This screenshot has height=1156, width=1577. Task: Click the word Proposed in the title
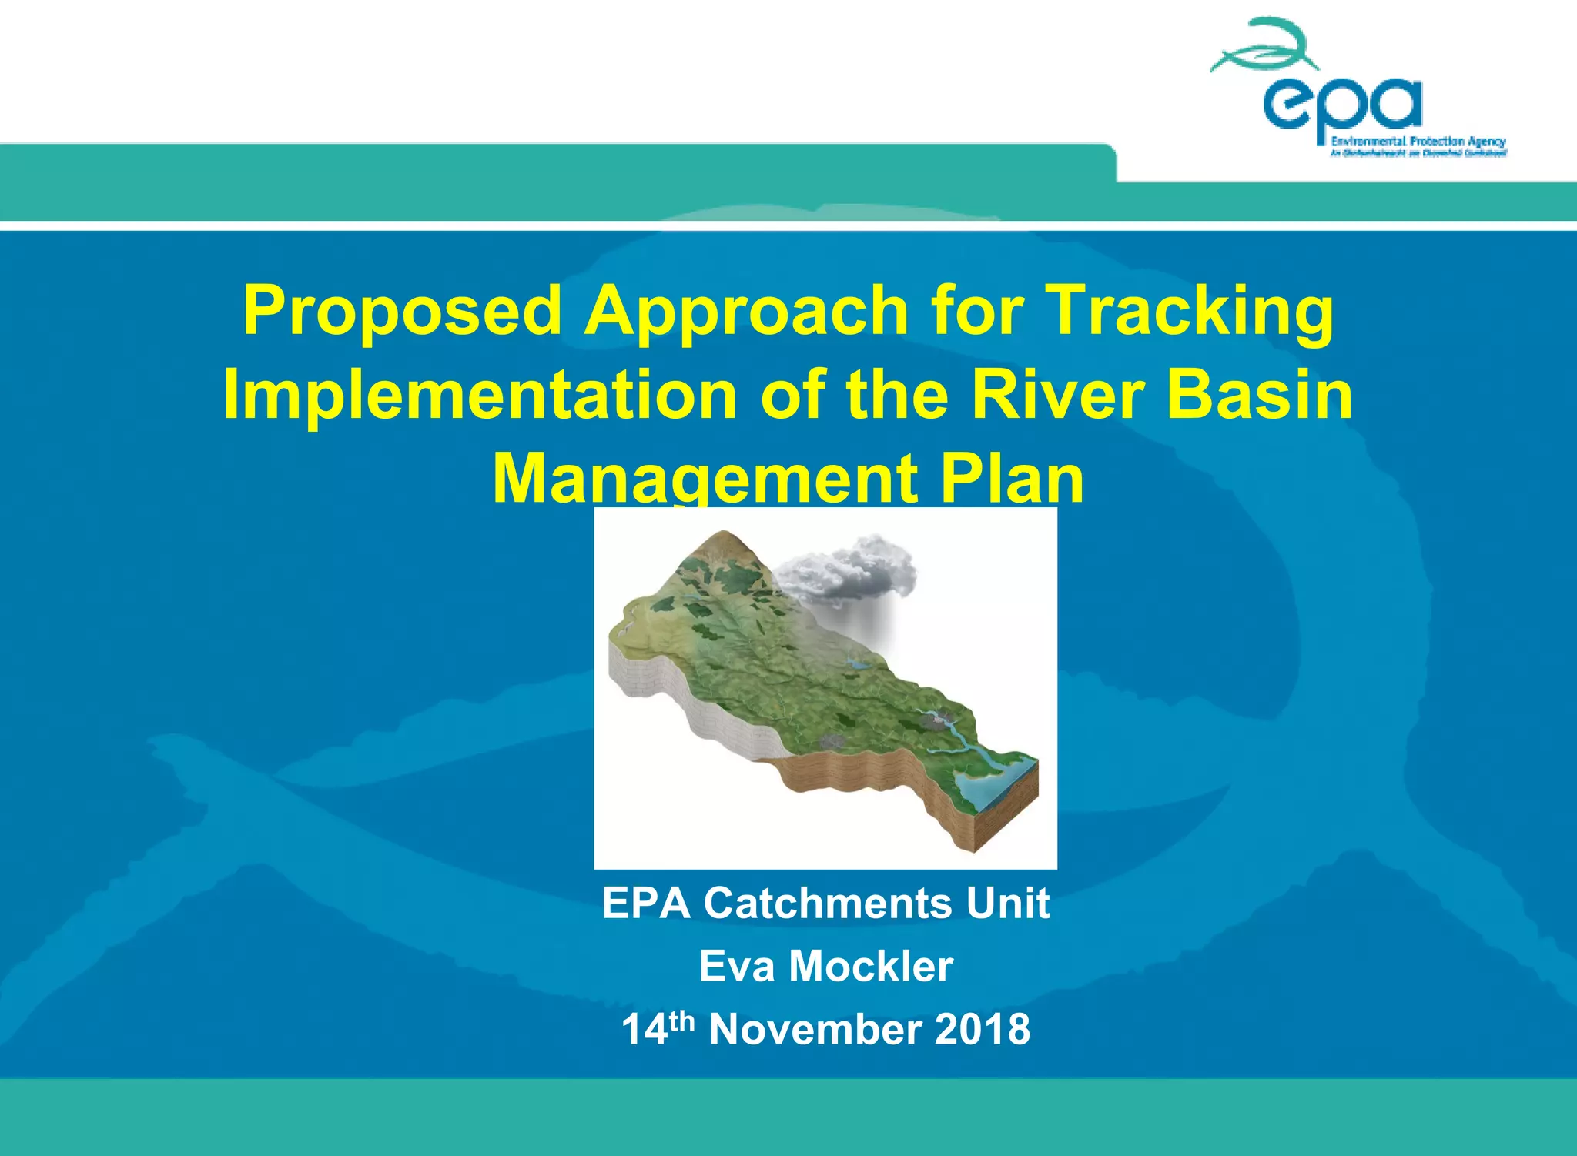pos(402,311)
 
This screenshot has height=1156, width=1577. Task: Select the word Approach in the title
pos(746,311)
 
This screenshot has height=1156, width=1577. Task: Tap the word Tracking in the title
pos(1190,311)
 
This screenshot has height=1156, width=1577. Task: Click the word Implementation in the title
pos(480,395)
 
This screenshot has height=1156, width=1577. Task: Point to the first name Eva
pos(737,967)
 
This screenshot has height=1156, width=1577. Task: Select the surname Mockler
pos(871,967)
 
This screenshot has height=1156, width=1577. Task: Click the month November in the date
pos(815,1030)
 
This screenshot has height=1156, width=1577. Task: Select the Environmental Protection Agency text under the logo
pos(1418,142)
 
